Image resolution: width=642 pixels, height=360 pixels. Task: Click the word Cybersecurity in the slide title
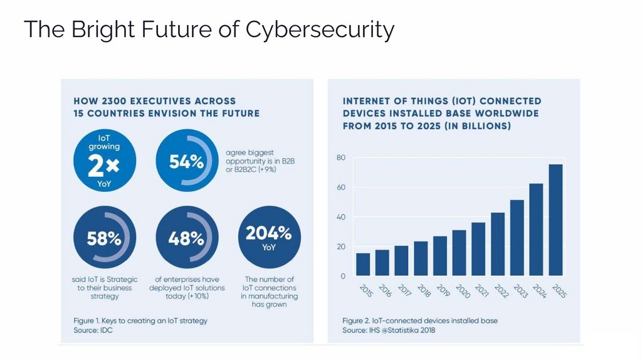click(x=320, y=29)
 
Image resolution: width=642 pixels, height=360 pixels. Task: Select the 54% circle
click(x=186, y=162)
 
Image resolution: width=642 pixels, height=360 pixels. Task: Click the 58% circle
click(x=105, y=238)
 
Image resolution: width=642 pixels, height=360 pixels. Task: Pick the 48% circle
click(x=186, y=238)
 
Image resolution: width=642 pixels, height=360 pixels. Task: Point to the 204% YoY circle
click(x=269, y=238)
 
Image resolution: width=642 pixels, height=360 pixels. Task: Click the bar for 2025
click(x=555, y=220)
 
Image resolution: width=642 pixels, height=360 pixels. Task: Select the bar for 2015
click(x=363, y=264)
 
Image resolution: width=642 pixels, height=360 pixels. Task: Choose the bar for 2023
click(x=517, y=237)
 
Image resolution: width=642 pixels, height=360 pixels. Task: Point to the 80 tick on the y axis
click(x=341, y=158)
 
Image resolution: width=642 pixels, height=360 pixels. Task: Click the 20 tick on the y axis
click(x=341, y=246)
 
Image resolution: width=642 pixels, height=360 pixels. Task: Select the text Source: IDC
click(x=94, y=330)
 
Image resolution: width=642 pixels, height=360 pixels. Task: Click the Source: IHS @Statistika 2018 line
click(x=389, y=330)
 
